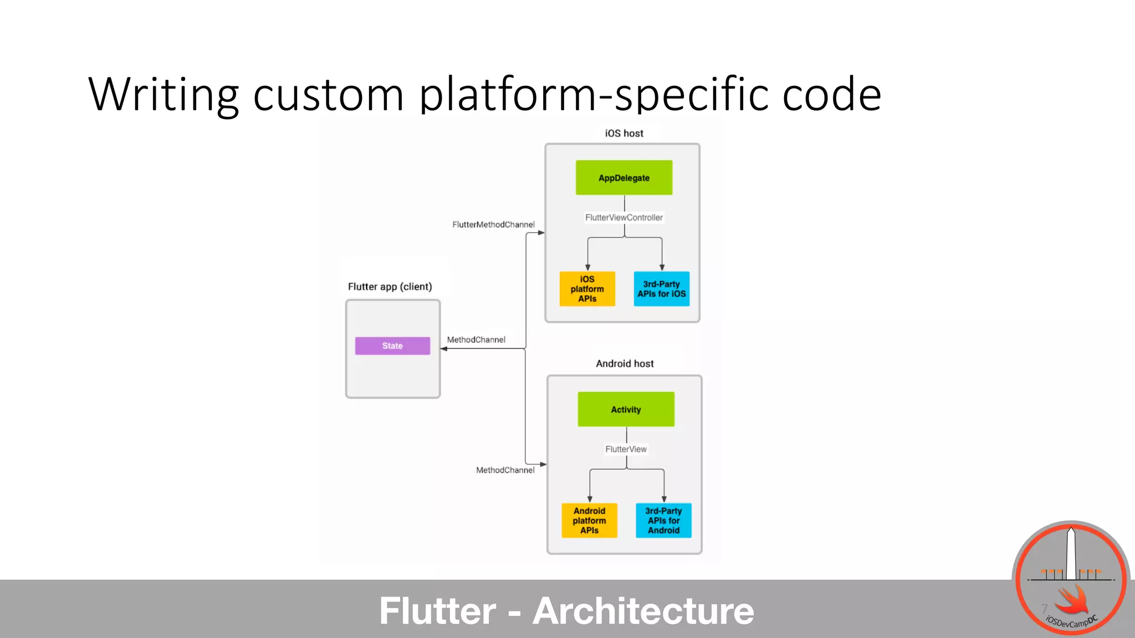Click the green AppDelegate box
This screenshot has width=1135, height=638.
623,178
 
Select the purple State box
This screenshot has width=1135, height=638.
392,346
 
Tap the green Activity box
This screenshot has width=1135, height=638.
626,409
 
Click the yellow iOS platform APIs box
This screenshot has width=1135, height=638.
587,289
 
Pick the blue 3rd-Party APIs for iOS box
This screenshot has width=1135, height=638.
661,289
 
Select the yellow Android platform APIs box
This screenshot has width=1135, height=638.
589,521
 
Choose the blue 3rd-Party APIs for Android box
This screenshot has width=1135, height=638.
663,521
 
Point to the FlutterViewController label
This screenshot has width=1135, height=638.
624,218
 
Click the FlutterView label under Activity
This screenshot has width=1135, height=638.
626,449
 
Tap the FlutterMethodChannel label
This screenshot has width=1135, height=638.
493,224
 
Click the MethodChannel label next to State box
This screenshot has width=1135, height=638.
476,339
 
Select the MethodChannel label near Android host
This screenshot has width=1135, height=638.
505,470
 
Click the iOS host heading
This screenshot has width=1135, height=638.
624,133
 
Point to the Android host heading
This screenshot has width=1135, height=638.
625,364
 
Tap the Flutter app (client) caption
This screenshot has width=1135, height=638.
390,286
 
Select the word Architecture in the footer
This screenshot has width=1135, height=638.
643,611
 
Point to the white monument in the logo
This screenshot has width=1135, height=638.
1071,554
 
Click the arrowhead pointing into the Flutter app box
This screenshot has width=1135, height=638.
444,349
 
